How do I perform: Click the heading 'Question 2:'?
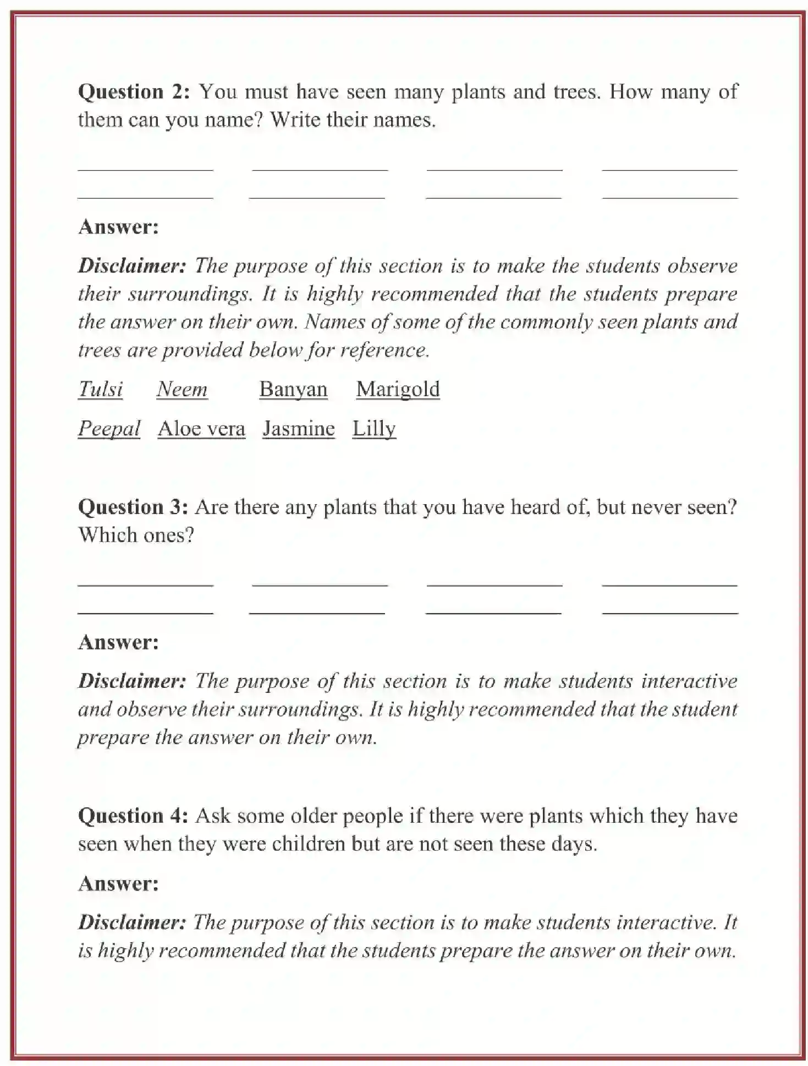tap(134, 92)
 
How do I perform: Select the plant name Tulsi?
tap(100, 390)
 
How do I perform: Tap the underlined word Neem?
tap(182, 390)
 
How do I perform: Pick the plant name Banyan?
tap(293, 390)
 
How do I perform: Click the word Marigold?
tap(398, 390)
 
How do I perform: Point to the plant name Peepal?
tap(109, 429)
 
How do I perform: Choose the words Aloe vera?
tap(201, 429)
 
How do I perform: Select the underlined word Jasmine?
tap(299, 429)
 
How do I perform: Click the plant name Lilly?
tap(374, 429)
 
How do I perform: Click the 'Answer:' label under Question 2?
tap(118, 227)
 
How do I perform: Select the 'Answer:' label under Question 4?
tap(118, 883)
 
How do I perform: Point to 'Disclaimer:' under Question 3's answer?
tap(132, 681)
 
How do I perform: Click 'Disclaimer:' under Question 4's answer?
tap(132, 922)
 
